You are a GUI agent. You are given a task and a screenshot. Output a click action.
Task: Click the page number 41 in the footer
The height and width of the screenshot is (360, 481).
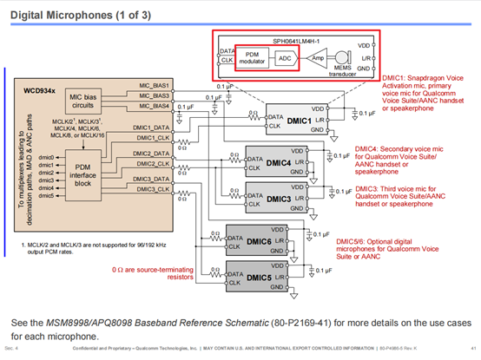click(x=469, y=351)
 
